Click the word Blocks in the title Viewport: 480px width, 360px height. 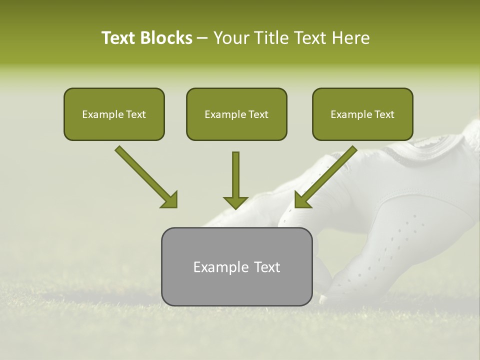coord(167,38)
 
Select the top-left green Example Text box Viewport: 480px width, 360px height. coord(114,114)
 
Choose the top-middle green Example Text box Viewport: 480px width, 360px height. coord(236,114)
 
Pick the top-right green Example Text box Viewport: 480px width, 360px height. coord(362,114)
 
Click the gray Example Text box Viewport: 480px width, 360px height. coord(236,267)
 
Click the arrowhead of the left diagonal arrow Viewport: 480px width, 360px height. coord(170,200)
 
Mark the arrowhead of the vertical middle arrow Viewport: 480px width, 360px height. coord(235,202)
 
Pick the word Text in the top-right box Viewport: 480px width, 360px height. coord(384,114)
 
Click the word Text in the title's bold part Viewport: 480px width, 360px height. coord(119,38)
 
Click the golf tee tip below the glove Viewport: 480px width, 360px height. coord(322,299)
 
